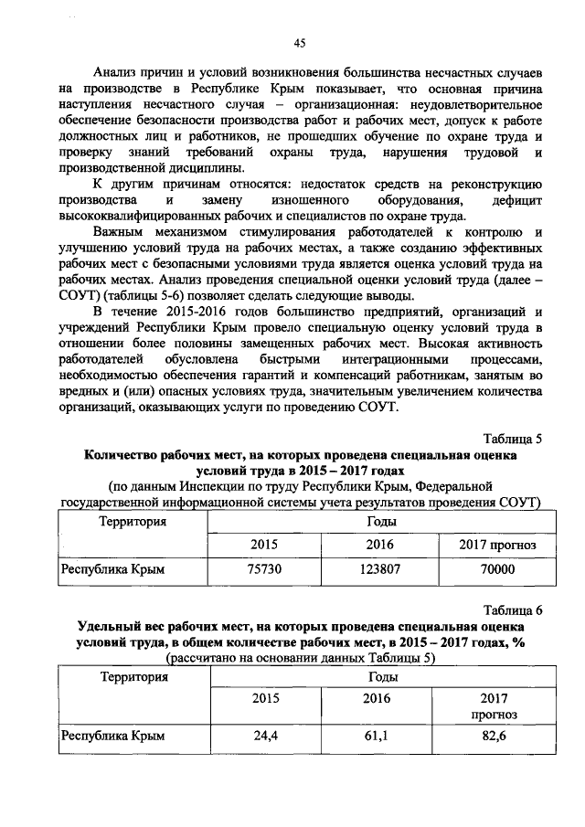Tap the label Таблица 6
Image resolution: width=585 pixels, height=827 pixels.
513,610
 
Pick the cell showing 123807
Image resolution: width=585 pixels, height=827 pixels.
378,568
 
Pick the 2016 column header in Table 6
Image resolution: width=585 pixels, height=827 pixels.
378,699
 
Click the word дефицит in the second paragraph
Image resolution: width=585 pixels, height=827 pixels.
516,199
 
